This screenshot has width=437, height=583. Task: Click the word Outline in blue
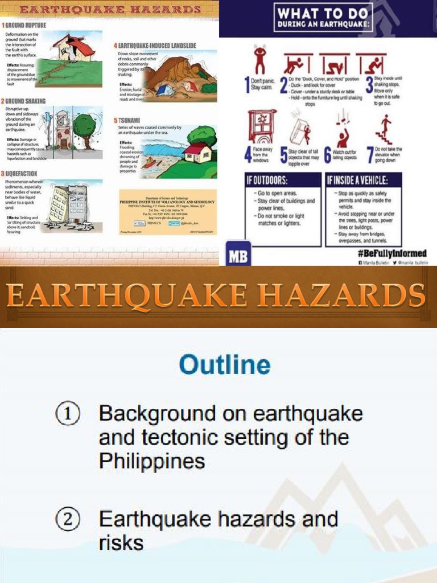(225, 365)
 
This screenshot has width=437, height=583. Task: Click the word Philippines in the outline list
(152, 461)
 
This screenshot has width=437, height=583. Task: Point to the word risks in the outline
(121, 543)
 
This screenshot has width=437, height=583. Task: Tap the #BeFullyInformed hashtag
(393, 253)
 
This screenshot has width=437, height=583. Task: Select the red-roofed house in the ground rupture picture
(74, 48)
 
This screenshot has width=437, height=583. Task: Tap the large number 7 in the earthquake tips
(370, 154)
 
